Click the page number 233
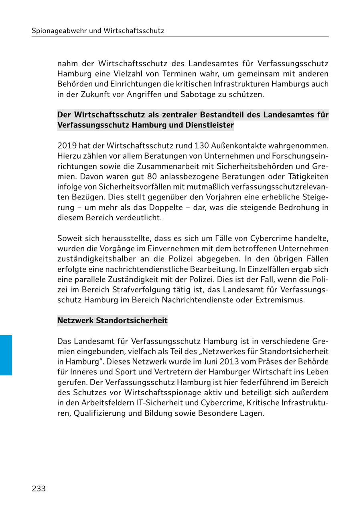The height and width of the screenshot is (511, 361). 39,489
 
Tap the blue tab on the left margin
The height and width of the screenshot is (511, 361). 6,355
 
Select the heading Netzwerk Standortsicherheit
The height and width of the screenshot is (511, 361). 112,321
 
